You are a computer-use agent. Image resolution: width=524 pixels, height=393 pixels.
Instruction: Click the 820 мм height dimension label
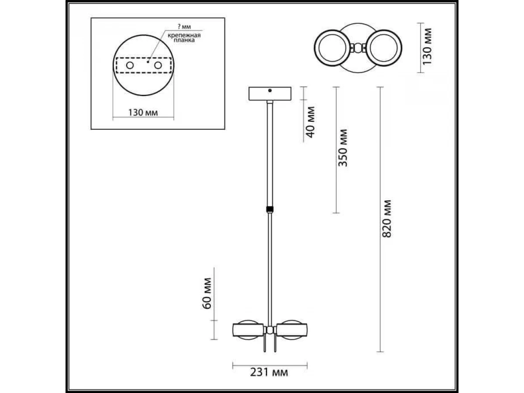pyautogui.click(x=387, y=219)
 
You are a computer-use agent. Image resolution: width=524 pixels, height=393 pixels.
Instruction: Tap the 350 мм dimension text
pyautogui.click(x=343, y=148)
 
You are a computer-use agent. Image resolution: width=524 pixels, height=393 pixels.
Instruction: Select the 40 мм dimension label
pyautogui.click(x=310, y=122)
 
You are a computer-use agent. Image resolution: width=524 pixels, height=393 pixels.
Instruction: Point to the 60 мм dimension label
pyautogui.click(x=207, y=293)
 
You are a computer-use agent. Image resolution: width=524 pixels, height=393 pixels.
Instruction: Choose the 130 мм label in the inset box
pyautogui.click(x=143, y=112)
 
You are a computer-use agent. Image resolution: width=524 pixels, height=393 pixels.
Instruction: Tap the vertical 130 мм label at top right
pyautogui.click(x=427, y=47)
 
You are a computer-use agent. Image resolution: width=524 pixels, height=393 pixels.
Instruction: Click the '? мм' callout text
pyautogui.click(x=184, y=27)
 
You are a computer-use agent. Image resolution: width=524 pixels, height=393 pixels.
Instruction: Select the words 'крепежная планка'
pyautogui.click(x=184, y=38)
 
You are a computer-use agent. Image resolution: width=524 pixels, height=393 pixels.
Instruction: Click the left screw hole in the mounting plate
pyautogui.click(x=130, y=65)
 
